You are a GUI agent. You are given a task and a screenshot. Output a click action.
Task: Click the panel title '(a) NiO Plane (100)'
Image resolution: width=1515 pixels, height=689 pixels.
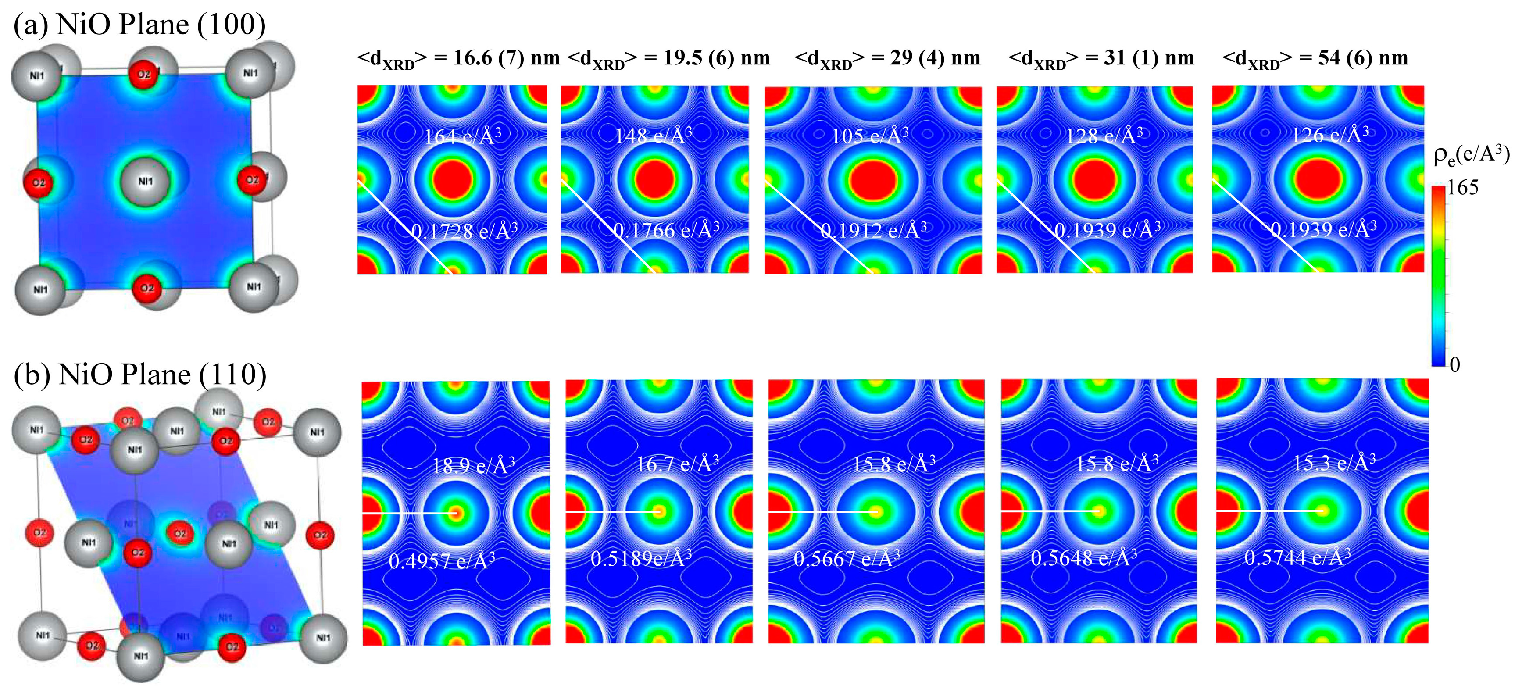(139, 25)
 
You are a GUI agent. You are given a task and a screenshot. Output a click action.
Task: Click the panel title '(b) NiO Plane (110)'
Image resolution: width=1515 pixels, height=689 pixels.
(140, 375)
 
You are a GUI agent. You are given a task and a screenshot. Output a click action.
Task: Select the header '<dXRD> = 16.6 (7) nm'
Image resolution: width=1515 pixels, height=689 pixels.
(458, 59)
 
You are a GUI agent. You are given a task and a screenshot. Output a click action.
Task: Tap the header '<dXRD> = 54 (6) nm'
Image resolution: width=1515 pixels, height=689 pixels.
(1315, 59)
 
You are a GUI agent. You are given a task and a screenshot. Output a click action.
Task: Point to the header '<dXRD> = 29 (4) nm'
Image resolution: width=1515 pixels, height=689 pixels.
(887, 59)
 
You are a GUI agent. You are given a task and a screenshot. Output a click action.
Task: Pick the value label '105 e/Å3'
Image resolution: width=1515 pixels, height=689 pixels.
(870, 136)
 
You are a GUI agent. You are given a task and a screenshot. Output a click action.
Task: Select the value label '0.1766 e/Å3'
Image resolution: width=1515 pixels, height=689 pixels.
(667, 230)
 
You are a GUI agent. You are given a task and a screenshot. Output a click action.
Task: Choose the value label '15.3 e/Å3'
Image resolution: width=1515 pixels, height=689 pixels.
(1334, 463)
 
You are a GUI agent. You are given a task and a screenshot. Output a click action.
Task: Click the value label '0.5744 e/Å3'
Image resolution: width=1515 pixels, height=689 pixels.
(1297, 557)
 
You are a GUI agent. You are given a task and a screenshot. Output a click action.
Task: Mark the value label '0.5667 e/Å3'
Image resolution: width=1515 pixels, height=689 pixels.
(847, 558)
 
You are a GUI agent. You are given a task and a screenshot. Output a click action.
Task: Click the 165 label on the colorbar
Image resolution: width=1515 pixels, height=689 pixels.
(1463, 188)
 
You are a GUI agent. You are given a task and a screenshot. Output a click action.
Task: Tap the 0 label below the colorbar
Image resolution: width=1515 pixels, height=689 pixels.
(1455, 365)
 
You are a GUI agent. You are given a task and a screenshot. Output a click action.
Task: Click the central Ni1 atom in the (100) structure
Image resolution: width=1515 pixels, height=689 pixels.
(145, 182)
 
